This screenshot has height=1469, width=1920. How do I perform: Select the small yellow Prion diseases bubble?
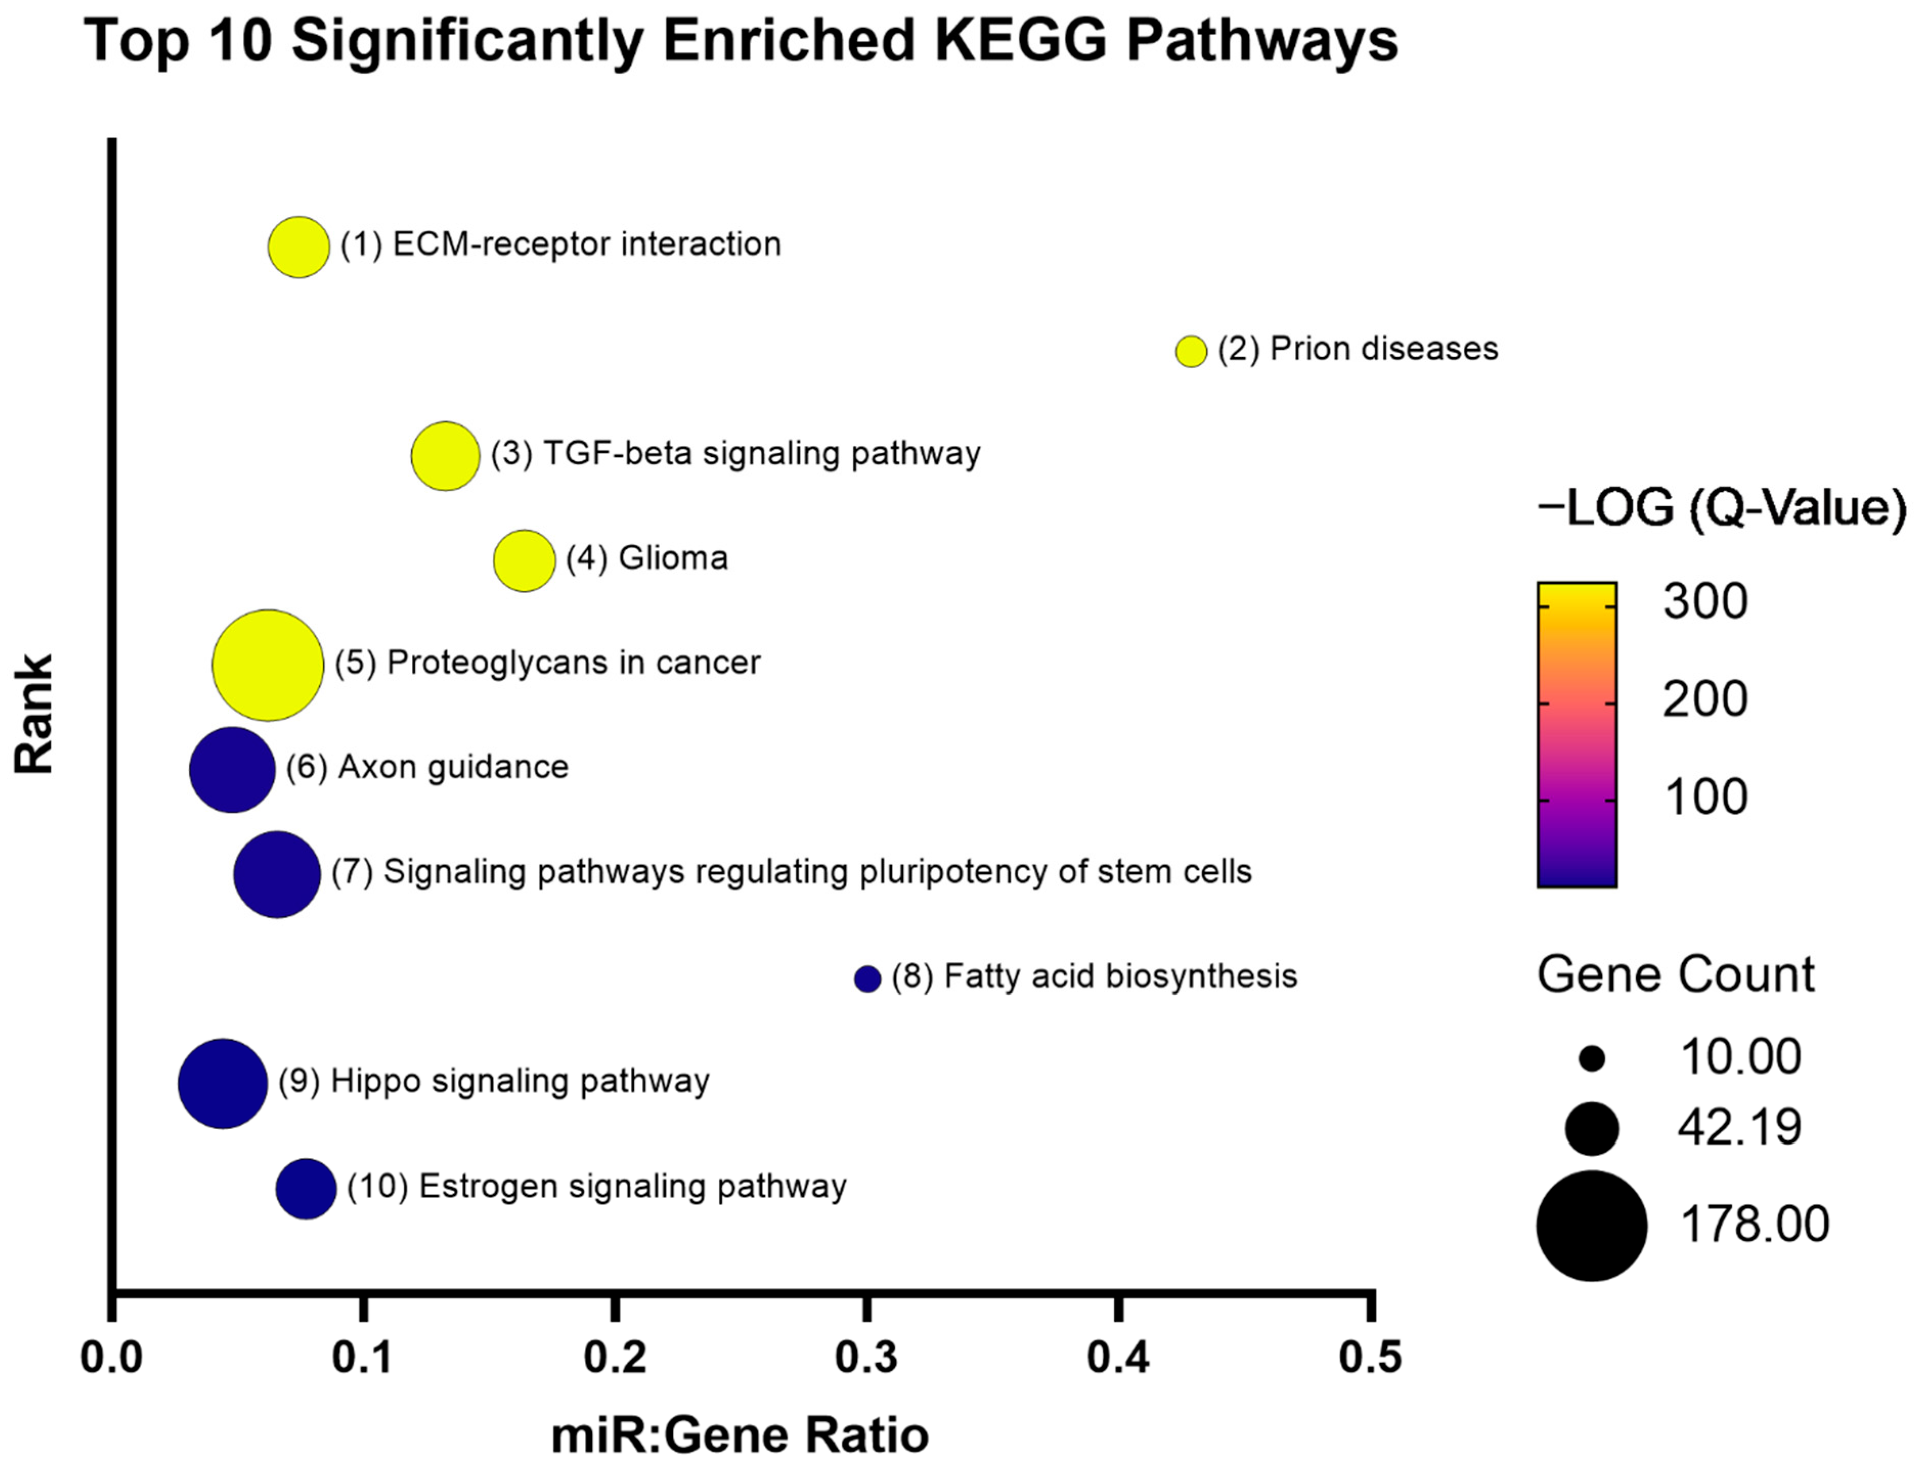click(1190, 351)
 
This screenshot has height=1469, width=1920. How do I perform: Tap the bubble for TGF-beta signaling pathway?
click(445, 457)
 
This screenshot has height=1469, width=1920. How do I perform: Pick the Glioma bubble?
click(524, 560)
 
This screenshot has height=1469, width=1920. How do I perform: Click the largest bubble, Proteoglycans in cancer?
click(268, 665)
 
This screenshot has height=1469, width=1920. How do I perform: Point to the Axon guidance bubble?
click(232, 770)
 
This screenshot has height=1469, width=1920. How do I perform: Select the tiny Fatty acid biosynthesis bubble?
click(867, 979)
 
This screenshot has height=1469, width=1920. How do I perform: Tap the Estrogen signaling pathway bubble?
click(305, 1188)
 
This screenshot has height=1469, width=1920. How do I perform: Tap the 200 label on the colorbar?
click(1704, 699)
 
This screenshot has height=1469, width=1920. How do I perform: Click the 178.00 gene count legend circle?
click(1591, 1225)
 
